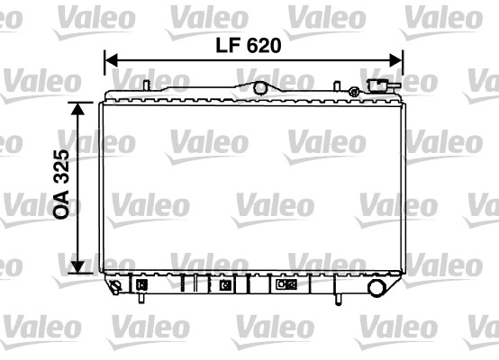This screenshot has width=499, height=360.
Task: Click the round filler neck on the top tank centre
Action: click(x=261, y=87)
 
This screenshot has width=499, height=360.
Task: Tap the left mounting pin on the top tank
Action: click(x=144, y=85)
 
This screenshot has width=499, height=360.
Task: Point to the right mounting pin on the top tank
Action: click(x=337, y=86)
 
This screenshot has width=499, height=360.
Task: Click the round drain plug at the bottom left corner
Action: click(x=115, y=288)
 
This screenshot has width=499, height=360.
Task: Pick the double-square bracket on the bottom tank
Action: click(x=286, y=285)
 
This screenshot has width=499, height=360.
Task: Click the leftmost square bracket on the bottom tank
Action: click(x=142, y=285)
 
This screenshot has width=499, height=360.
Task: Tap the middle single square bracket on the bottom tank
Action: click(x=225, y=285)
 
